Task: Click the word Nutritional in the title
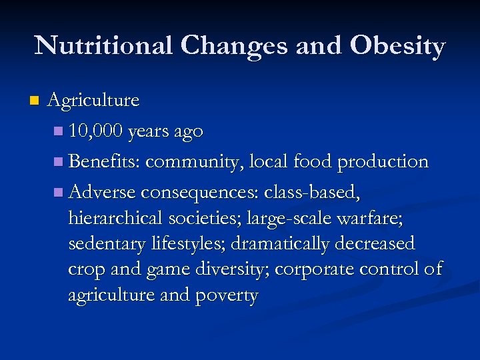tap(104, 46)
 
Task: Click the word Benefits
tap(104, 162)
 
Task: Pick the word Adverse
tap(103, 193)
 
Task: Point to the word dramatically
tap(279, 244)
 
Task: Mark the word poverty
tap(226, 295)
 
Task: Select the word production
tap(383, 162)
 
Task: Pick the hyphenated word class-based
tap(313, 193)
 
